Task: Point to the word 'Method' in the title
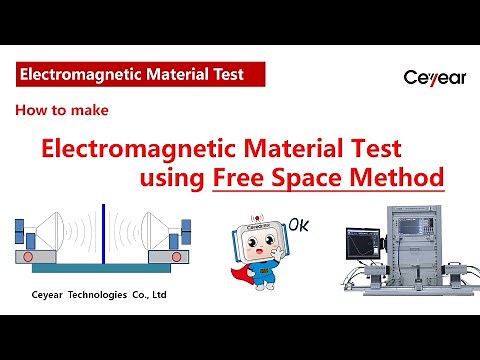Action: pos(397,179)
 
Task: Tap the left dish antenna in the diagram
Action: pos(51,232)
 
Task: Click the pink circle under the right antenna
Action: pos(177,256)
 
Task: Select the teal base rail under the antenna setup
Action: pos(105,269)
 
